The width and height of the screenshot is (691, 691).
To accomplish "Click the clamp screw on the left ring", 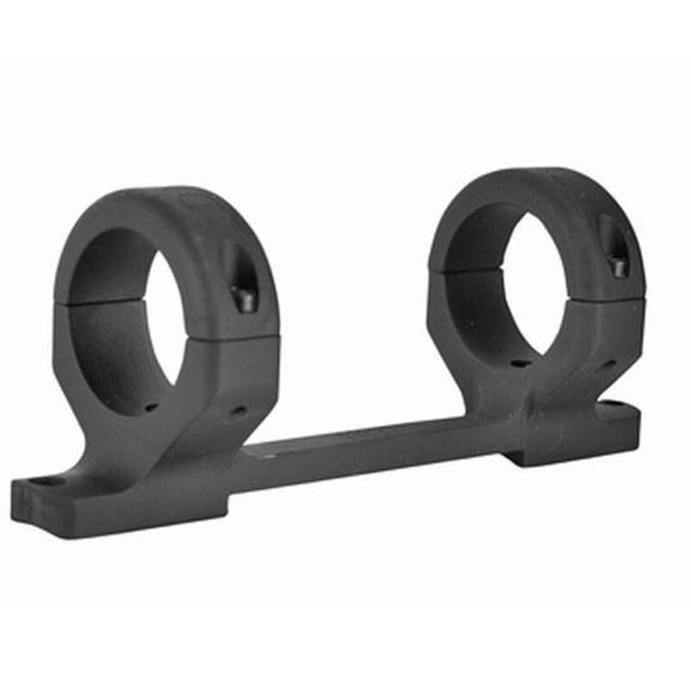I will [x=243, y=298].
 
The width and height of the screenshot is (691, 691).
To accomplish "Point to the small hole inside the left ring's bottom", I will [x=152, y=406].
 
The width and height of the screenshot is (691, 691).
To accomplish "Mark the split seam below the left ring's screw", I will [x=246, y=339].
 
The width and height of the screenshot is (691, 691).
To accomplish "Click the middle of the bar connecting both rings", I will [x=371, y=453].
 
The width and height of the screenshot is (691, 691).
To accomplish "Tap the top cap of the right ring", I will [x=536, y=186].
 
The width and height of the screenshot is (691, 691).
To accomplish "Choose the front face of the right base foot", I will [x=570, y=445].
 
